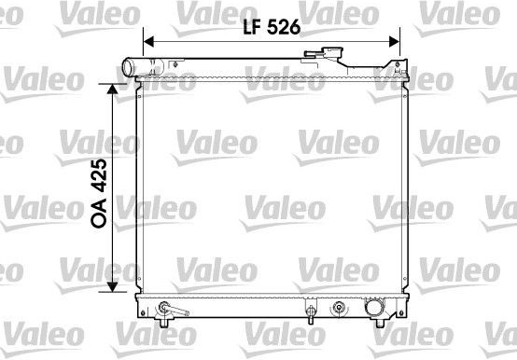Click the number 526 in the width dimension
pyautogui.click(x=284, y=27)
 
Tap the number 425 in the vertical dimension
pyautogui.click(x=99, y=175)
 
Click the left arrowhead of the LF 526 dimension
pyautogui.click(x=149, y=42)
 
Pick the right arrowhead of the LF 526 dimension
pyautogui.click(x=395, y=42)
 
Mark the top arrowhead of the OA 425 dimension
pyautogui.click(x=112, y=89)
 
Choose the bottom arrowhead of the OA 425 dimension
pyautogui.click(x=112, y=286)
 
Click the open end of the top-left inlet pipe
pyautogui.click(x=127, y=67)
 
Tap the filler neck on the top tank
pyautogui.click(x=333, y=53)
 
